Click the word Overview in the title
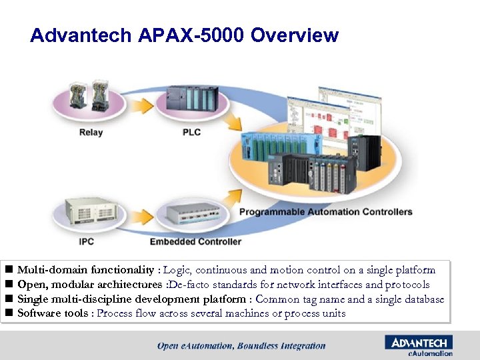[x=295, y=35]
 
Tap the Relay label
[x=91, y=133]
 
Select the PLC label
[x=191, y=133]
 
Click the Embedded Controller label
[x=195, y=241]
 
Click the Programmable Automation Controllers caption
[x=325, y=212]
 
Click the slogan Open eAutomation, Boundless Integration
[x=241, y=346]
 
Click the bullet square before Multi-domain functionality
[x=9, y=271]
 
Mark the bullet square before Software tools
[x=9, y=313]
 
